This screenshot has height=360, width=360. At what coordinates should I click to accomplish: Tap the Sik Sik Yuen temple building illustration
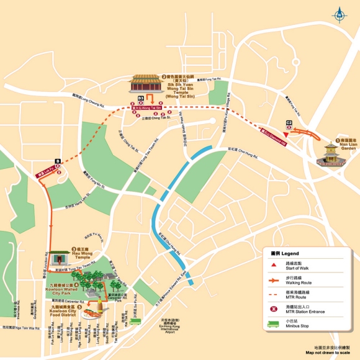[148, 86]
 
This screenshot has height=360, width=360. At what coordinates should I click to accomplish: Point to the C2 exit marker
[289, 123]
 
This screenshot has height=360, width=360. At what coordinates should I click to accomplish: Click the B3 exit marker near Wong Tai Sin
[141, 99]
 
